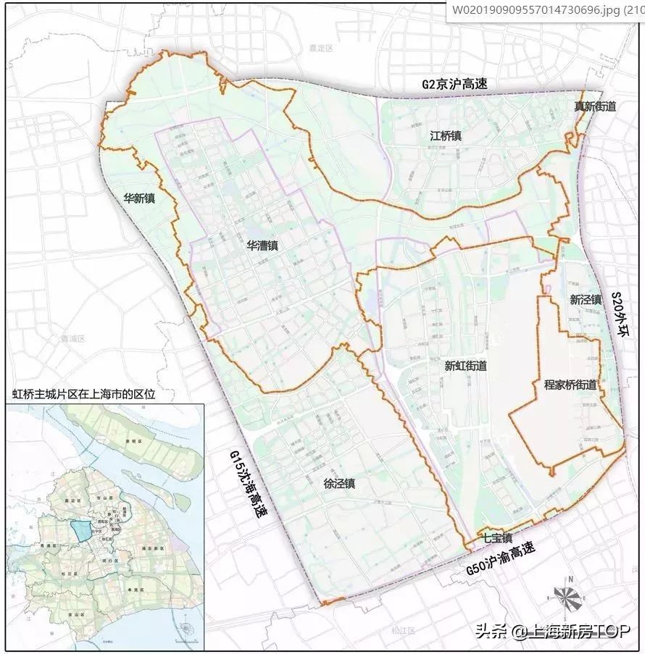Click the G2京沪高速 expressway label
455,84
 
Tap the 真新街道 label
595,106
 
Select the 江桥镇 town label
446,135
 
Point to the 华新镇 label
140,197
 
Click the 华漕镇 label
262,246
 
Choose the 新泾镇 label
586,299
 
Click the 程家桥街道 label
570,385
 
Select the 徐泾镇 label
339,485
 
